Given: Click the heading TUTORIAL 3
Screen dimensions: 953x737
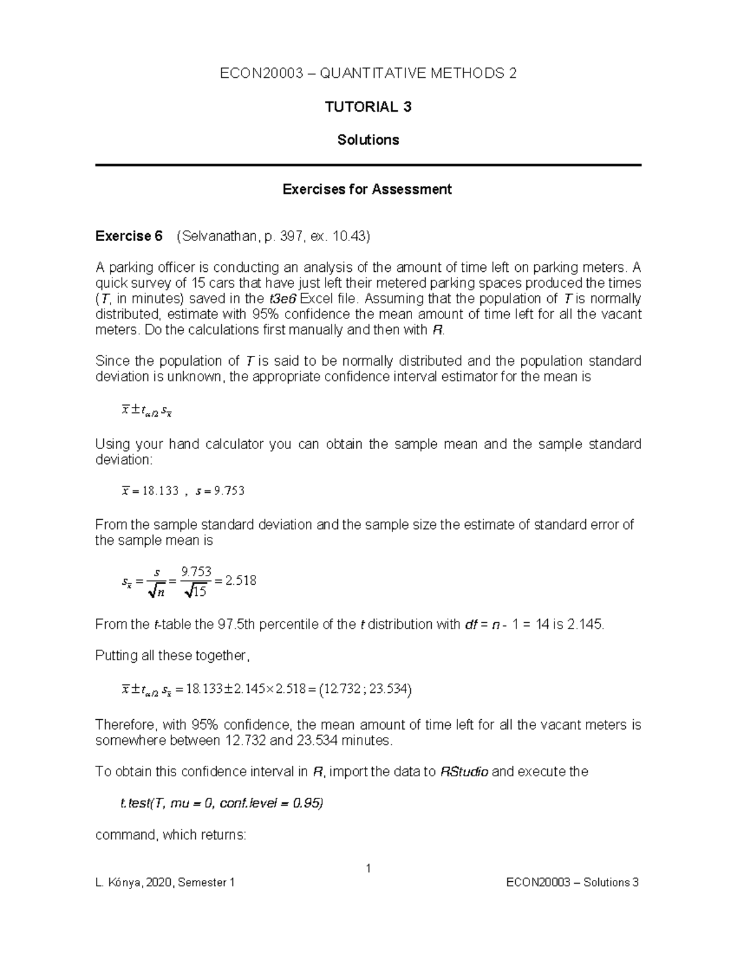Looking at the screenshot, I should (368, 107).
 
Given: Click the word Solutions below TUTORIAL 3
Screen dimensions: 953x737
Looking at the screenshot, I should (368, 140).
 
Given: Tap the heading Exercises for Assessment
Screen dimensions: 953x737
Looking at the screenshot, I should (367, 189).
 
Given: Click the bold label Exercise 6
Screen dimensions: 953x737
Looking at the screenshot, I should (129, 236).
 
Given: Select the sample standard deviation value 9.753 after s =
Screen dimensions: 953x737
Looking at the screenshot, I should (227, 491).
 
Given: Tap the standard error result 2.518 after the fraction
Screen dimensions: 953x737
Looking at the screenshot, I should (241, 581).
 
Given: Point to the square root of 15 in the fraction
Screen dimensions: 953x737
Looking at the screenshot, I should (195, 591).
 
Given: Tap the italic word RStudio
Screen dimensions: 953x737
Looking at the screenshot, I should (465, 772).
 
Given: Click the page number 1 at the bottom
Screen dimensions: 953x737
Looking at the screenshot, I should (368, 868).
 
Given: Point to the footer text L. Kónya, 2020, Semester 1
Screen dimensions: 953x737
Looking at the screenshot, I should (165, 882).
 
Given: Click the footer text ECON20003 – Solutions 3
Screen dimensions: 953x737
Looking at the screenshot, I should (572, 882).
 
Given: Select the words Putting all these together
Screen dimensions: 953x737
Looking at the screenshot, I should (172, 655).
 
